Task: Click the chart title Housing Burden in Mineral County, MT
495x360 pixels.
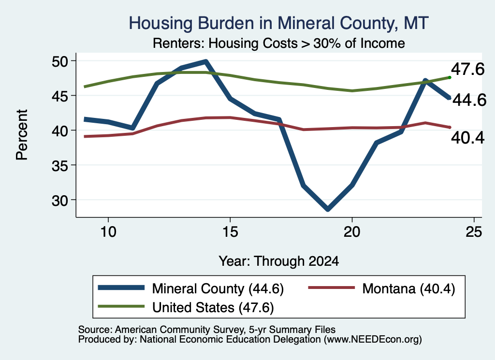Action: point(278,23)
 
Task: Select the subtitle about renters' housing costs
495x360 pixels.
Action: point(279,43)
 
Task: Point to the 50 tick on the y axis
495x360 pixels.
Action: point(59,61)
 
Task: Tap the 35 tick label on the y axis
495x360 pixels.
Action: point(59,165)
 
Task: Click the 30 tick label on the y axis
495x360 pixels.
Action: point(59,200)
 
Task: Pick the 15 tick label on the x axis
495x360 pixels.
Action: point(230,232)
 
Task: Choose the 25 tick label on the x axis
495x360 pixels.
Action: point(474,232)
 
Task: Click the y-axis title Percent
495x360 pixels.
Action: point(22,135)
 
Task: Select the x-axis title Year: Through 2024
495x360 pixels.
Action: point(279,261)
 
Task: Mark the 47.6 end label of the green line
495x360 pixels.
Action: point(467,69)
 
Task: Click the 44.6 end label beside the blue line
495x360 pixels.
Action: point(469,100)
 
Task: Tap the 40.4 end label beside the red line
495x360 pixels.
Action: point(467,138)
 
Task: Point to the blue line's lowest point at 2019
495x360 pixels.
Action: point(328,209)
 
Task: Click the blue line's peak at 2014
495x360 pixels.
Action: point(206,61)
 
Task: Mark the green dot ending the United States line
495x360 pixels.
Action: point(450,77)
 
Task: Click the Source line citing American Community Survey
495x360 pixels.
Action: point(207,330)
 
